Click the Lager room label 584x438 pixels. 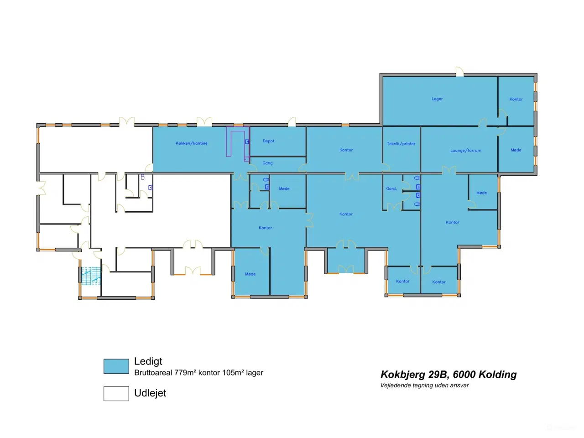click(x=437, y=99)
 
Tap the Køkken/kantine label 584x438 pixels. click(x=191, y=143)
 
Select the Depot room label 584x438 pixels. click(x=268, y=141)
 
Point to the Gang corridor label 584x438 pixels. click(x=267, y=163)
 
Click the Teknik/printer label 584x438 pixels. click(x=401, y=144)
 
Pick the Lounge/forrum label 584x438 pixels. click(x=466, y=150)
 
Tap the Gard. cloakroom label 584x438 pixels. click(x=391, y=188)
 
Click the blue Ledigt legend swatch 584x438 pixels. click(x=116, y=366)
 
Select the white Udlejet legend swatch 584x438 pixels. click(x=116, y=393)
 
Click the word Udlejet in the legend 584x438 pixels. click(x=150, y=393)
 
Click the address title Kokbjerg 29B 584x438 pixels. click(x=414, y=374)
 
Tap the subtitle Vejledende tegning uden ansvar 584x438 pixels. click(x=424, y=385)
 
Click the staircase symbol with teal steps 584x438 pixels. click(x=91, y=276)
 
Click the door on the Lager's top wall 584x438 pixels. click(x=460, y=72)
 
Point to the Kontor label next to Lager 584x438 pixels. click(x=516, y=99)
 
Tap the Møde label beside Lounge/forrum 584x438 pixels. click(x=516, y=150)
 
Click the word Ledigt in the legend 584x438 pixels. click(x=148, y=361)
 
